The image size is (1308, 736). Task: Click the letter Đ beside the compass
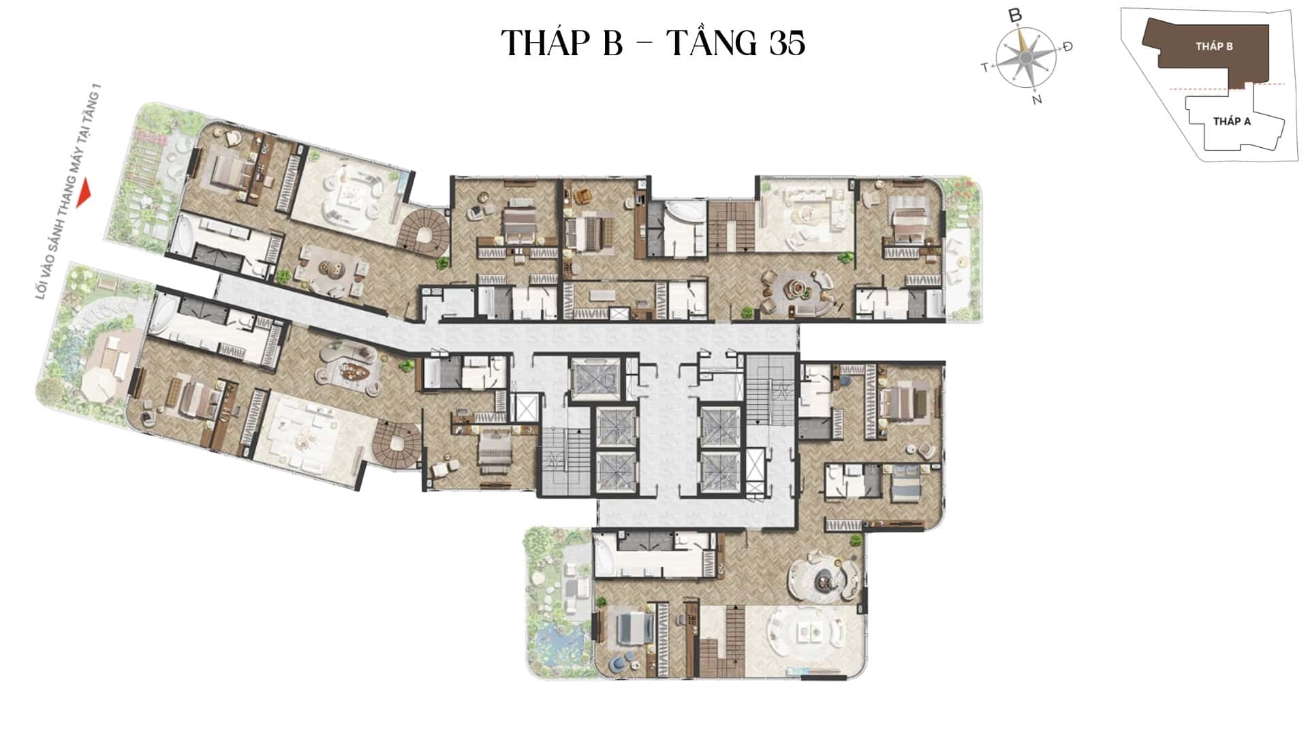point(1068,46)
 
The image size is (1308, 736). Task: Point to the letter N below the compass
point(1037,99)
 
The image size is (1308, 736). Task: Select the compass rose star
point(1025,58)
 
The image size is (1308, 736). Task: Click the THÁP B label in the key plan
point(1214,46)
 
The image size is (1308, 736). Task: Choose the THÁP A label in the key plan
point(1232,121)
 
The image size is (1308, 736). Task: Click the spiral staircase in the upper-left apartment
point(424,232)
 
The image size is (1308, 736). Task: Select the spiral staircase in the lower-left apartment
point(398,444)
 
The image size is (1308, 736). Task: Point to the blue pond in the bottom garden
point(557,643)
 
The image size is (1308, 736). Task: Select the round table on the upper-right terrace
point(961,262)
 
